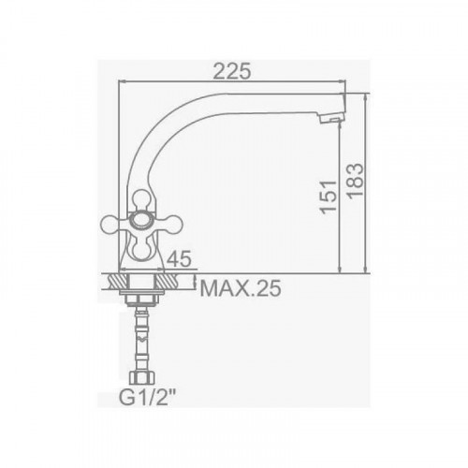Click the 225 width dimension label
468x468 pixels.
coord(232,71)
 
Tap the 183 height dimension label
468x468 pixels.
coord(356,181)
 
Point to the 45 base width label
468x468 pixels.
coord(179,258)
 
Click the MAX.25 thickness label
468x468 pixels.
coord(241,288)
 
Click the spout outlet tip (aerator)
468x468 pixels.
coord(333,118)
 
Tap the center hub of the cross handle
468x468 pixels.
coord(141,220)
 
